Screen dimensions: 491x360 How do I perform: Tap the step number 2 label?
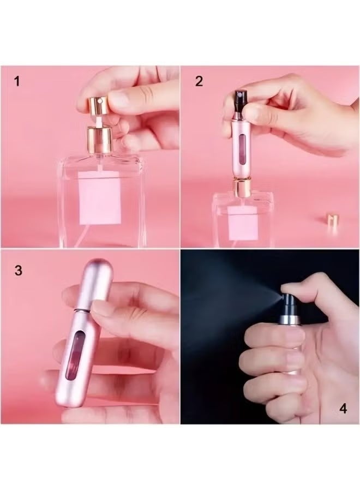pyautogui.click(x=199, y=82)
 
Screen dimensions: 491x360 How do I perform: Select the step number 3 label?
pyautogui.click(x=19, y=271)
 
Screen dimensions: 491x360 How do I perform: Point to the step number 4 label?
pyautogui.click(x=343, y=408)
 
